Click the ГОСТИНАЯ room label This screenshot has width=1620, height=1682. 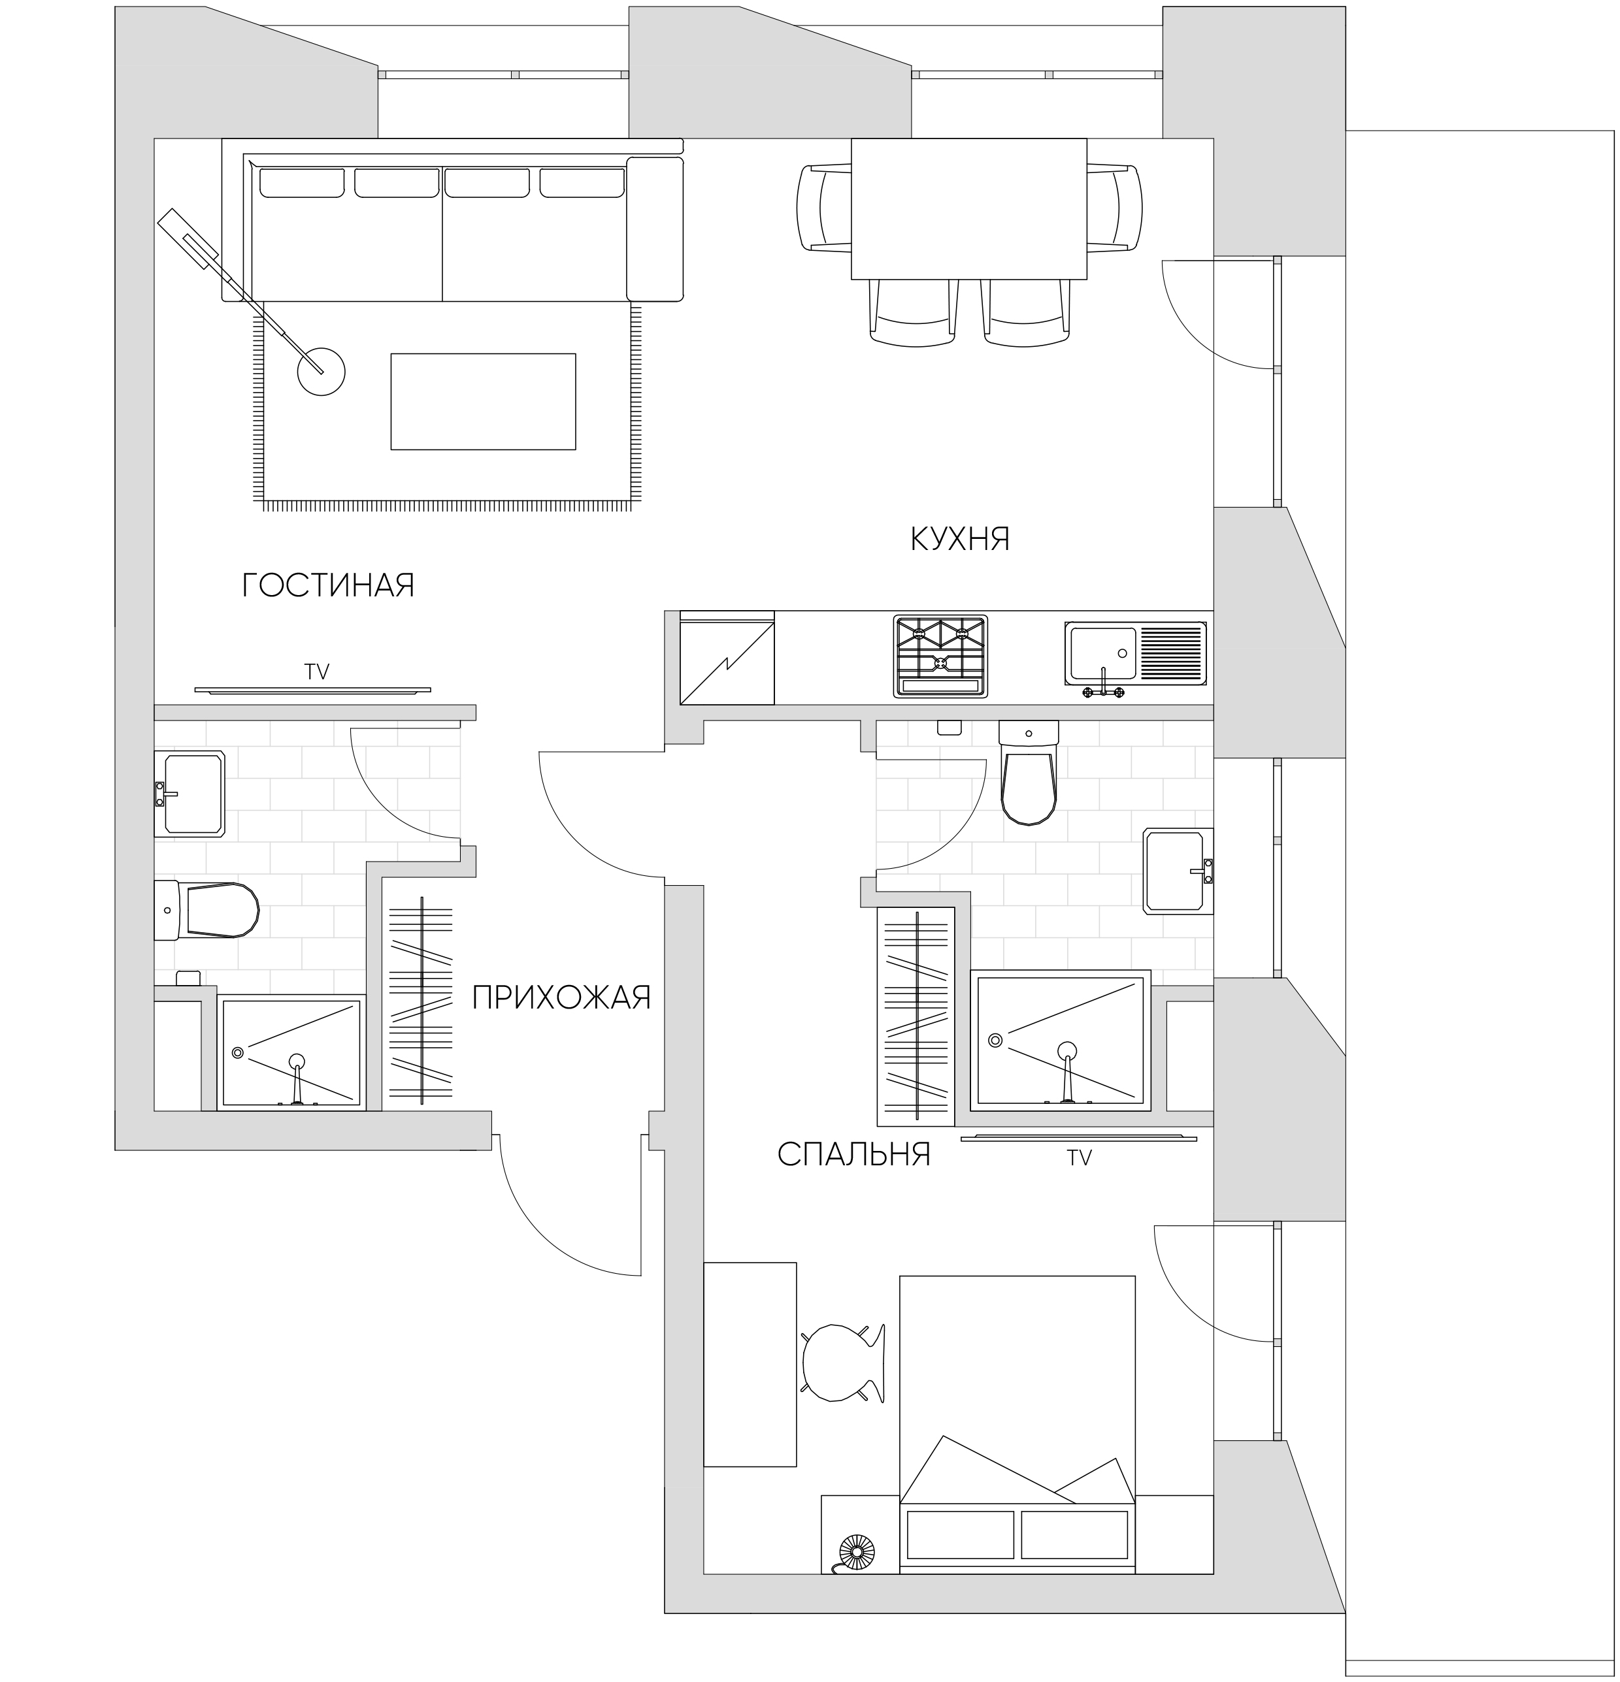pos(328,585)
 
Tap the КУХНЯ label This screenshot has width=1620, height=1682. pos(960,539)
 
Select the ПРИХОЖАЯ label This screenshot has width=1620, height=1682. pos(561,997)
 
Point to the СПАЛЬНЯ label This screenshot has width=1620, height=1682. pos(854,1154)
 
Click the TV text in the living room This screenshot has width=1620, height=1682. pos(317,672)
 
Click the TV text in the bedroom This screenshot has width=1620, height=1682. pos(1079,1159)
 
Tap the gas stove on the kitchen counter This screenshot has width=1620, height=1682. pos(940,656)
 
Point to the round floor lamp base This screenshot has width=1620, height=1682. pos(321,372)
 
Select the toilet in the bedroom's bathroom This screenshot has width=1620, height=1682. pos(1029,772)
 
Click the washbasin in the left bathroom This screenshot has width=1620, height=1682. pos(189,794)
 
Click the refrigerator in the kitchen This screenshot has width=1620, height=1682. pos(727,657)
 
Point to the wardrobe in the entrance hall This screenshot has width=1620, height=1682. pos(421,1001)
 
